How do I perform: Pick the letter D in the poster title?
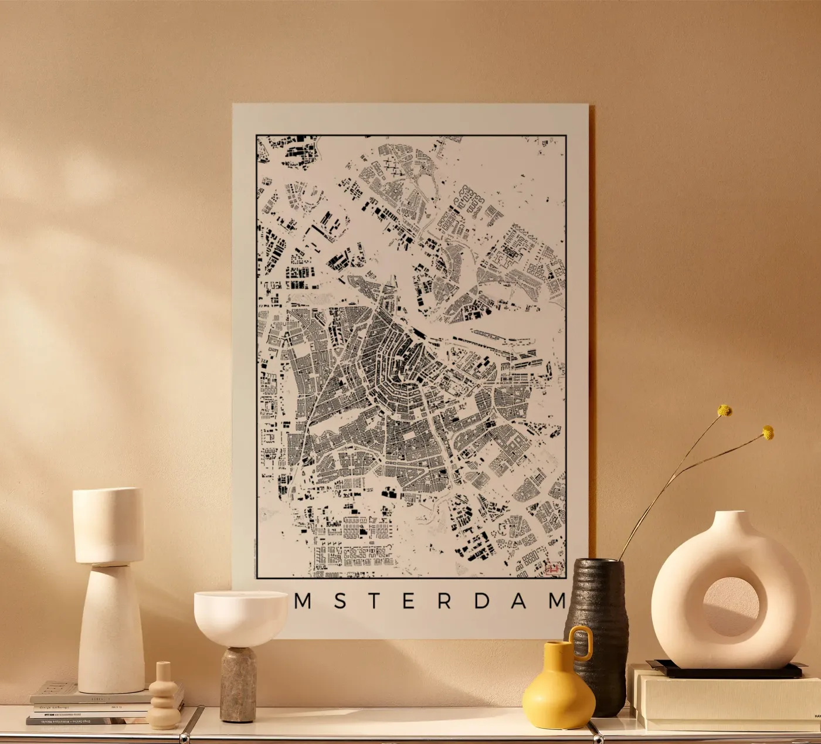[x=481, y=602]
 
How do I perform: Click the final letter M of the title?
[x=555, y=602]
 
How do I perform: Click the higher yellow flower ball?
[x=725, y=410]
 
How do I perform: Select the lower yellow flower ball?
[x=768, y=433]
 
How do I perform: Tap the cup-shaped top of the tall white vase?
[x=108, y=525]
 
